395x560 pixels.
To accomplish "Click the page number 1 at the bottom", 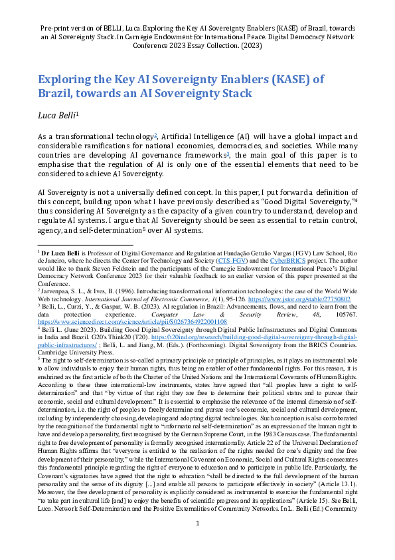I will pos(197,542).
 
